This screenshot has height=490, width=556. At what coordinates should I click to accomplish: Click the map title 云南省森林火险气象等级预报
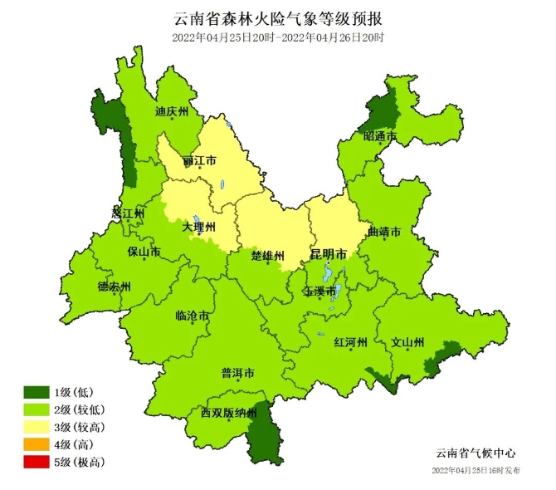tap(278, 17)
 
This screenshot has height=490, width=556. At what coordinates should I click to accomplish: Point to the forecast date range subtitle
tap(278, 37)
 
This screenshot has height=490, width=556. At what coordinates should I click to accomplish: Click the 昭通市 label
tap(379, 136)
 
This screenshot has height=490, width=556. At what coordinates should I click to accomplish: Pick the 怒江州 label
tap(128, 213)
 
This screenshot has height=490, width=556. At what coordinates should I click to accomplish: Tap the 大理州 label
tap(199, 226)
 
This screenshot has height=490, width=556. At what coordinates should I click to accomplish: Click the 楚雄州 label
tap(268, 254)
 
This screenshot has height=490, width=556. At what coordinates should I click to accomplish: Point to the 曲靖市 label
tap(383, 232)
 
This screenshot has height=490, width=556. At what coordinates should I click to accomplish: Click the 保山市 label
tap(143, 250)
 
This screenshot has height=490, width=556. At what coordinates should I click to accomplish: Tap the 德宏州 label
tap(114, 287)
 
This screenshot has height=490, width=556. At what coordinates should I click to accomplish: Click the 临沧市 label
tap(192, 316)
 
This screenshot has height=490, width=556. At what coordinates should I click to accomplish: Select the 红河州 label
tap(349, 342)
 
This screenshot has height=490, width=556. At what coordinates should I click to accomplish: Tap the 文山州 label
tap(407, 342)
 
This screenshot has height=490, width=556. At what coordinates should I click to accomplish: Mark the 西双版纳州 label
tap(229, 413)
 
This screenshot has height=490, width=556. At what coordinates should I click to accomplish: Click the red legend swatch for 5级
tap(37, 462)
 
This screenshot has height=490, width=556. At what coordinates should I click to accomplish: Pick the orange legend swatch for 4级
tap(37, 444)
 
